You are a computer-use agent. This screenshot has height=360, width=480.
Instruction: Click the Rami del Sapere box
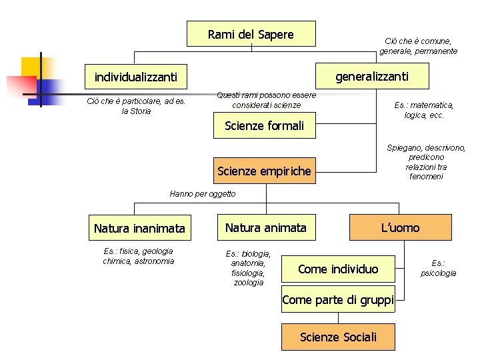point(251,34)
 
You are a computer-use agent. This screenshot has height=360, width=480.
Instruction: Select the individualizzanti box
point(135,77)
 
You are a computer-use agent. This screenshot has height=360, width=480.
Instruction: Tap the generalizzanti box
point(371,77)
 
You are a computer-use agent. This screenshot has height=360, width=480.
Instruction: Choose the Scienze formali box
point(264,126)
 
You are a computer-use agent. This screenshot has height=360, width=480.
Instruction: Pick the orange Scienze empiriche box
point(264,171)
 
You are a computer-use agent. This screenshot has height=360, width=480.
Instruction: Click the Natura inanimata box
point(139,229)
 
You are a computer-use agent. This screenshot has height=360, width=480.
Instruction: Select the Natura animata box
point(265,228)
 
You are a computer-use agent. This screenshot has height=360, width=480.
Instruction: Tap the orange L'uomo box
point(400,228)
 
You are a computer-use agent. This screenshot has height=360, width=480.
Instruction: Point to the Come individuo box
point(337,269)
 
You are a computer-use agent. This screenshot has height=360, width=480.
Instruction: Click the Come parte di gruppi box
point(338,300)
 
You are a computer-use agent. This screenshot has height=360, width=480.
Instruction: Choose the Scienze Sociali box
point(338,337)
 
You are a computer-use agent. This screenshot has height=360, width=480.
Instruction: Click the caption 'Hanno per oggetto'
point(203,194)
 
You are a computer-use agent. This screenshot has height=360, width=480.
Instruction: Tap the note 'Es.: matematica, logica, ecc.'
point(424,110)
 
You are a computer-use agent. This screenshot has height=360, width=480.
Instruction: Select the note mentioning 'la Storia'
point(137,106)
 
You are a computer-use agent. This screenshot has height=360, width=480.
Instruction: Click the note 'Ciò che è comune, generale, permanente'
point(419,46)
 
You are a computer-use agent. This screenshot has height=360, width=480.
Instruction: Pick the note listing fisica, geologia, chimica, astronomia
point(138,256)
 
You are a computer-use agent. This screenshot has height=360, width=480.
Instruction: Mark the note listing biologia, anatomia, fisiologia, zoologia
point(248,268)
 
